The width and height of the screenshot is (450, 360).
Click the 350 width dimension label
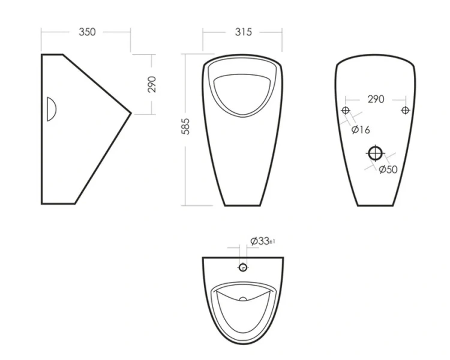(x=87, y=32)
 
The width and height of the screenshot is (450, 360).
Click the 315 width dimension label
(x=244, y=32)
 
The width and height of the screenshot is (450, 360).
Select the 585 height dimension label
(x=185, y=127)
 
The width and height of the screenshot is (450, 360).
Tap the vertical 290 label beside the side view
(x=152, y=84)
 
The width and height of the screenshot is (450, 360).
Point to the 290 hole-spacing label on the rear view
(x=376, y=99)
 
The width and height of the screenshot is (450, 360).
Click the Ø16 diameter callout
(x=361, y=130)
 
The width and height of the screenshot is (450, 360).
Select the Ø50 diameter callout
(x=388, y=169)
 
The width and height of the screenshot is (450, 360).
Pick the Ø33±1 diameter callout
(x=263, y=241)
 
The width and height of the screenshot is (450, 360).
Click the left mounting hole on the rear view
(x=346, y=110)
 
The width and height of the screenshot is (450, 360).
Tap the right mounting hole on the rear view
(x=405, y=110)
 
